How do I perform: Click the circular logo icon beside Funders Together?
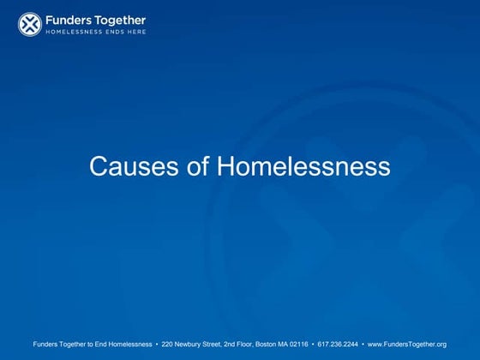[29, 25]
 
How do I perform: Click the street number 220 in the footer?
[168, 344]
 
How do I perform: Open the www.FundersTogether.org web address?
[407, 344]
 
